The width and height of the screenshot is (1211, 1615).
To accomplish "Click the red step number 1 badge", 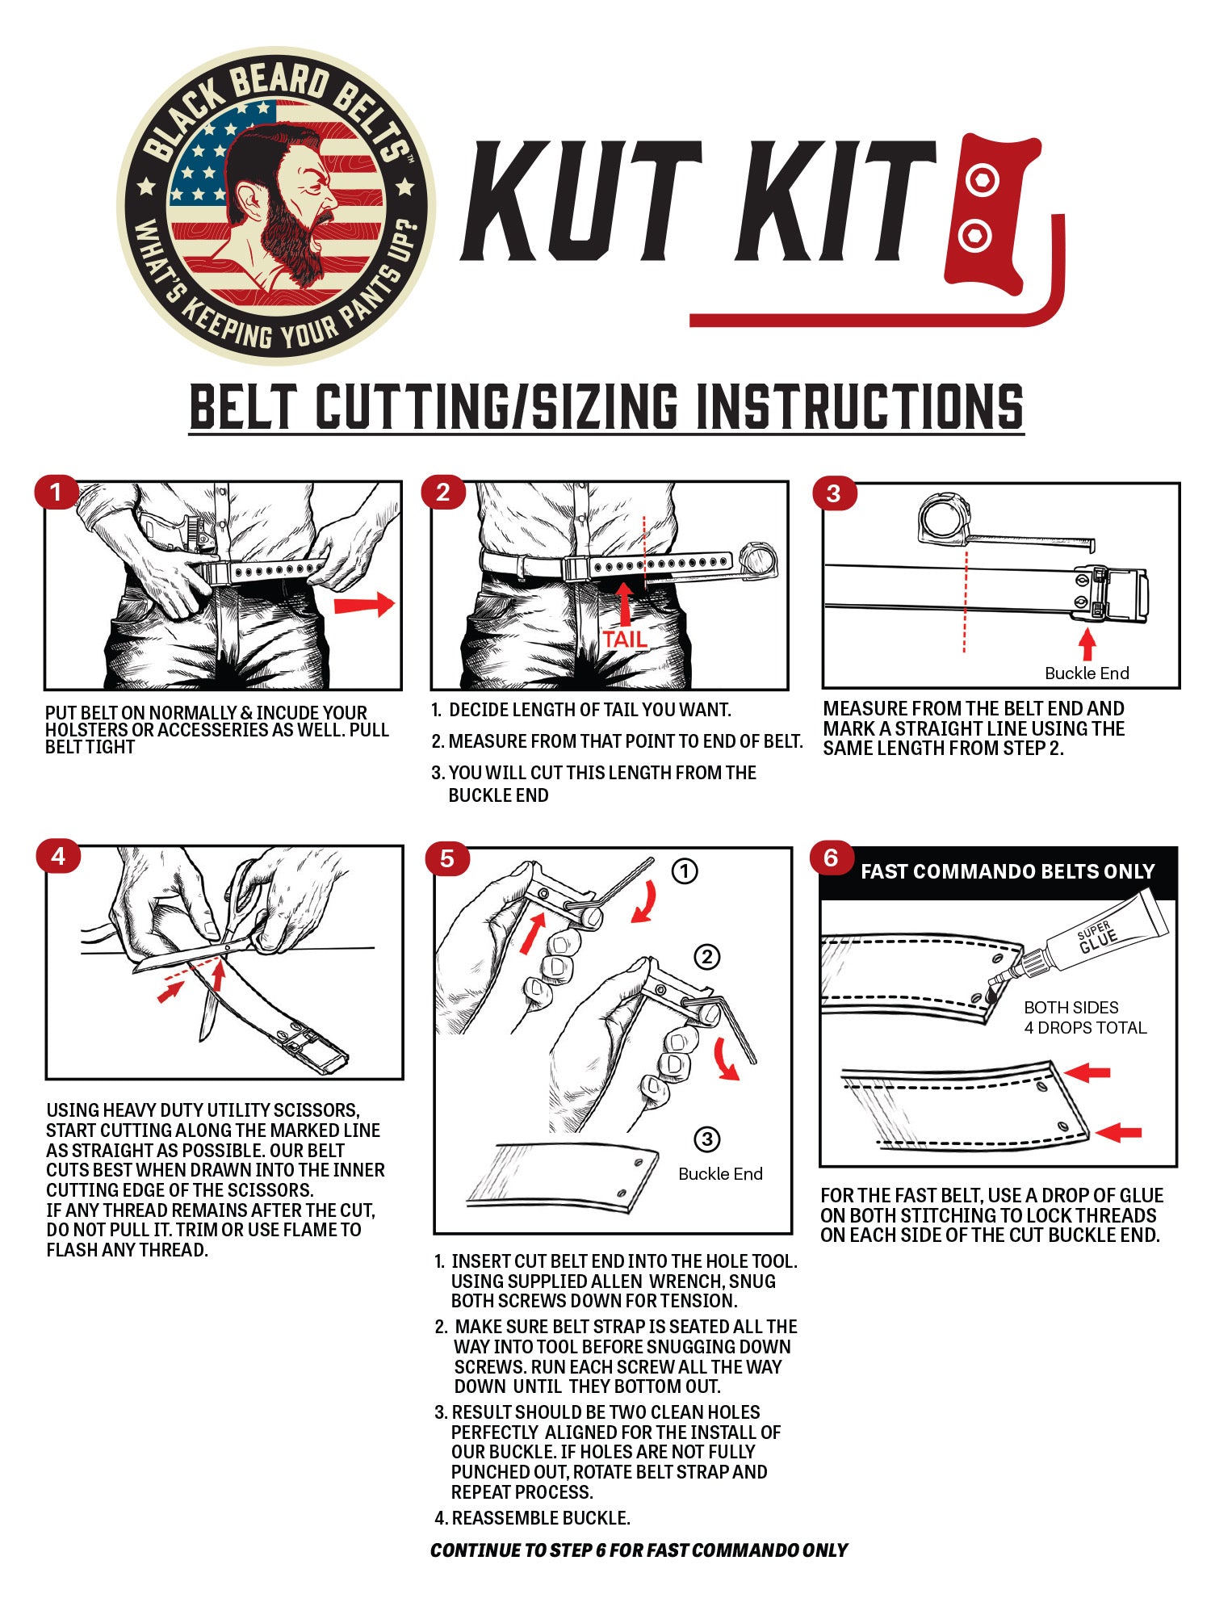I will tap(56, 493).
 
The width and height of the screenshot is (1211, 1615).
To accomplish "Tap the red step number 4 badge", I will tap(58, 857).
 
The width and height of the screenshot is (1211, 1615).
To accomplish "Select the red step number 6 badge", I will tap(832, 858).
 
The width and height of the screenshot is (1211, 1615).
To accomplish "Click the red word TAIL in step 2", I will tap(625, 640).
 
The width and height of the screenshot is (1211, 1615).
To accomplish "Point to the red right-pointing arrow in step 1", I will tap(363, 604).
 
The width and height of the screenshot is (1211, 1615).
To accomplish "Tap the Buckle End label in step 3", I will tap(1087, 673).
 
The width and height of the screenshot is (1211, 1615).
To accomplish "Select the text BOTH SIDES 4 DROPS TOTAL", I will tap(1084, 1017).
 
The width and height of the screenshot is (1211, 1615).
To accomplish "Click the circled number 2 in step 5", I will tap(707, 958).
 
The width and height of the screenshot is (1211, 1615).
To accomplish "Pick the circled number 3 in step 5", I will tap(707, 1139).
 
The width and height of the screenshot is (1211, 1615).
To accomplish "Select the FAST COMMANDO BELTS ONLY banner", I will tap(1007, 872).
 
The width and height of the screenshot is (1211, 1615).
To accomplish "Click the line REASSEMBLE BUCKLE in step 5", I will tap(539, 1518).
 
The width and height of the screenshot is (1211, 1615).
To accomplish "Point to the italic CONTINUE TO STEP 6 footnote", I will tap(639, 1550).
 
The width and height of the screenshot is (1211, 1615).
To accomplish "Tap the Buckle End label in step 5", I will tap(720, 1174).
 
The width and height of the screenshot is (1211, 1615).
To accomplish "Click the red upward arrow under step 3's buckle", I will tap(1087, 644).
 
